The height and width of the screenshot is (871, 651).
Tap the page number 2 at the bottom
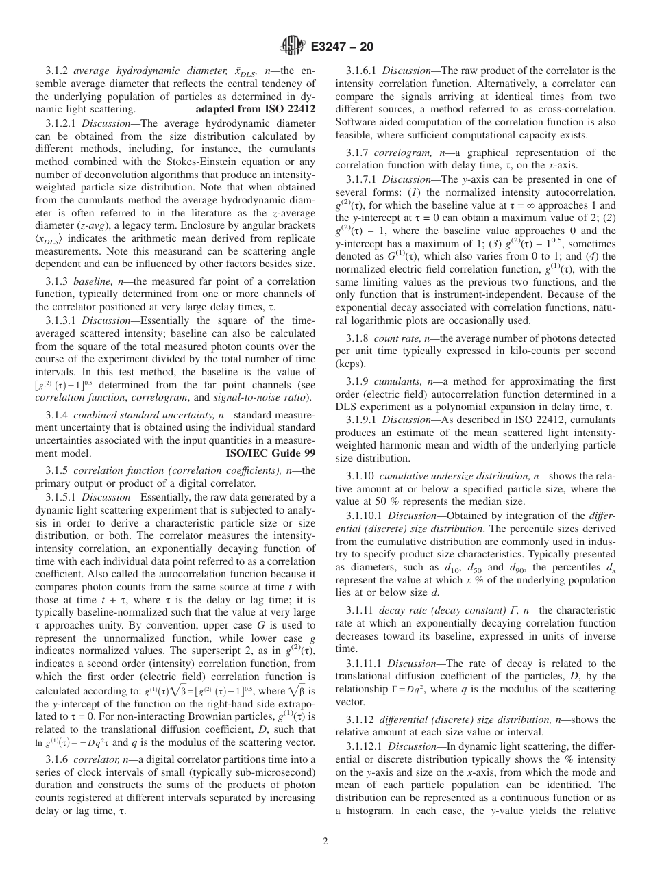(325, 841)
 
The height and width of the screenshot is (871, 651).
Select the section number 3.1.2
(58, 71)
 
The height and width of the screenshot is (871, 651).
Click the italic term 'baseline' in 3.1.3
(90, 281)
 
